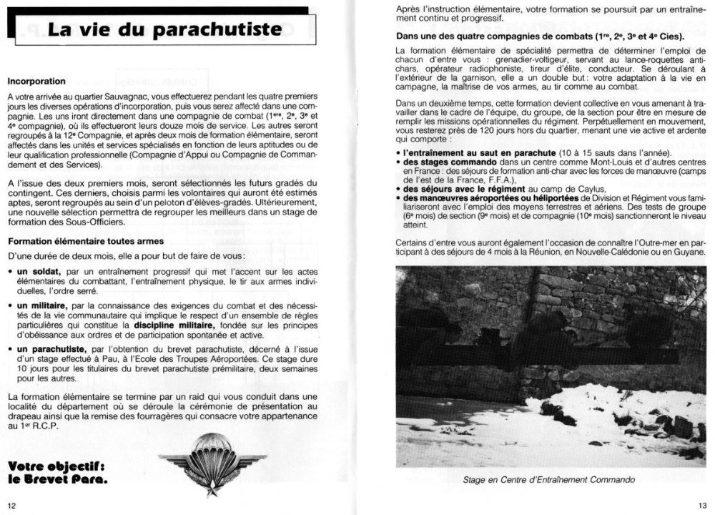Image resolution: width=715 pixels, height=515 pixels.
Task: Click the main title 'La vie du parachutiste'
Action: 159,31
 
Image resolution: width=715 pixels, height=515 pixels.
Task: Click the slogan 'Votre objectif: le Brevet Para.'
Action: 57,473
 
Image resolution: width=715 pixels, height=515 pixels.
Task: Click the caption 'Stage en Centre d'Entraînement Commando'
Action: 549,479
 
